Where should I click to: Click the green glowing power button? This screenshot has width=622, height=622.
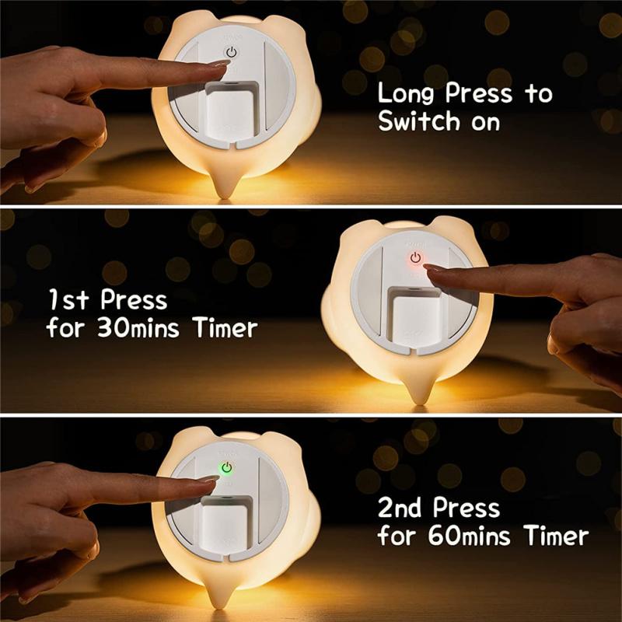pos(227,469)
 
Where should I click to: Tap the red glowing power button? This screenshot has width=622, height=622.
pos(415,257)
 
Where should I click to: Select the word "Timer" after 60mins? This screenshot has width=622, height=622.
pos(555,536)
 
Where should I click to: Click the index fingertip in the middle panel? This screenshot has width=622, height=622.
pos(429,268)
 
